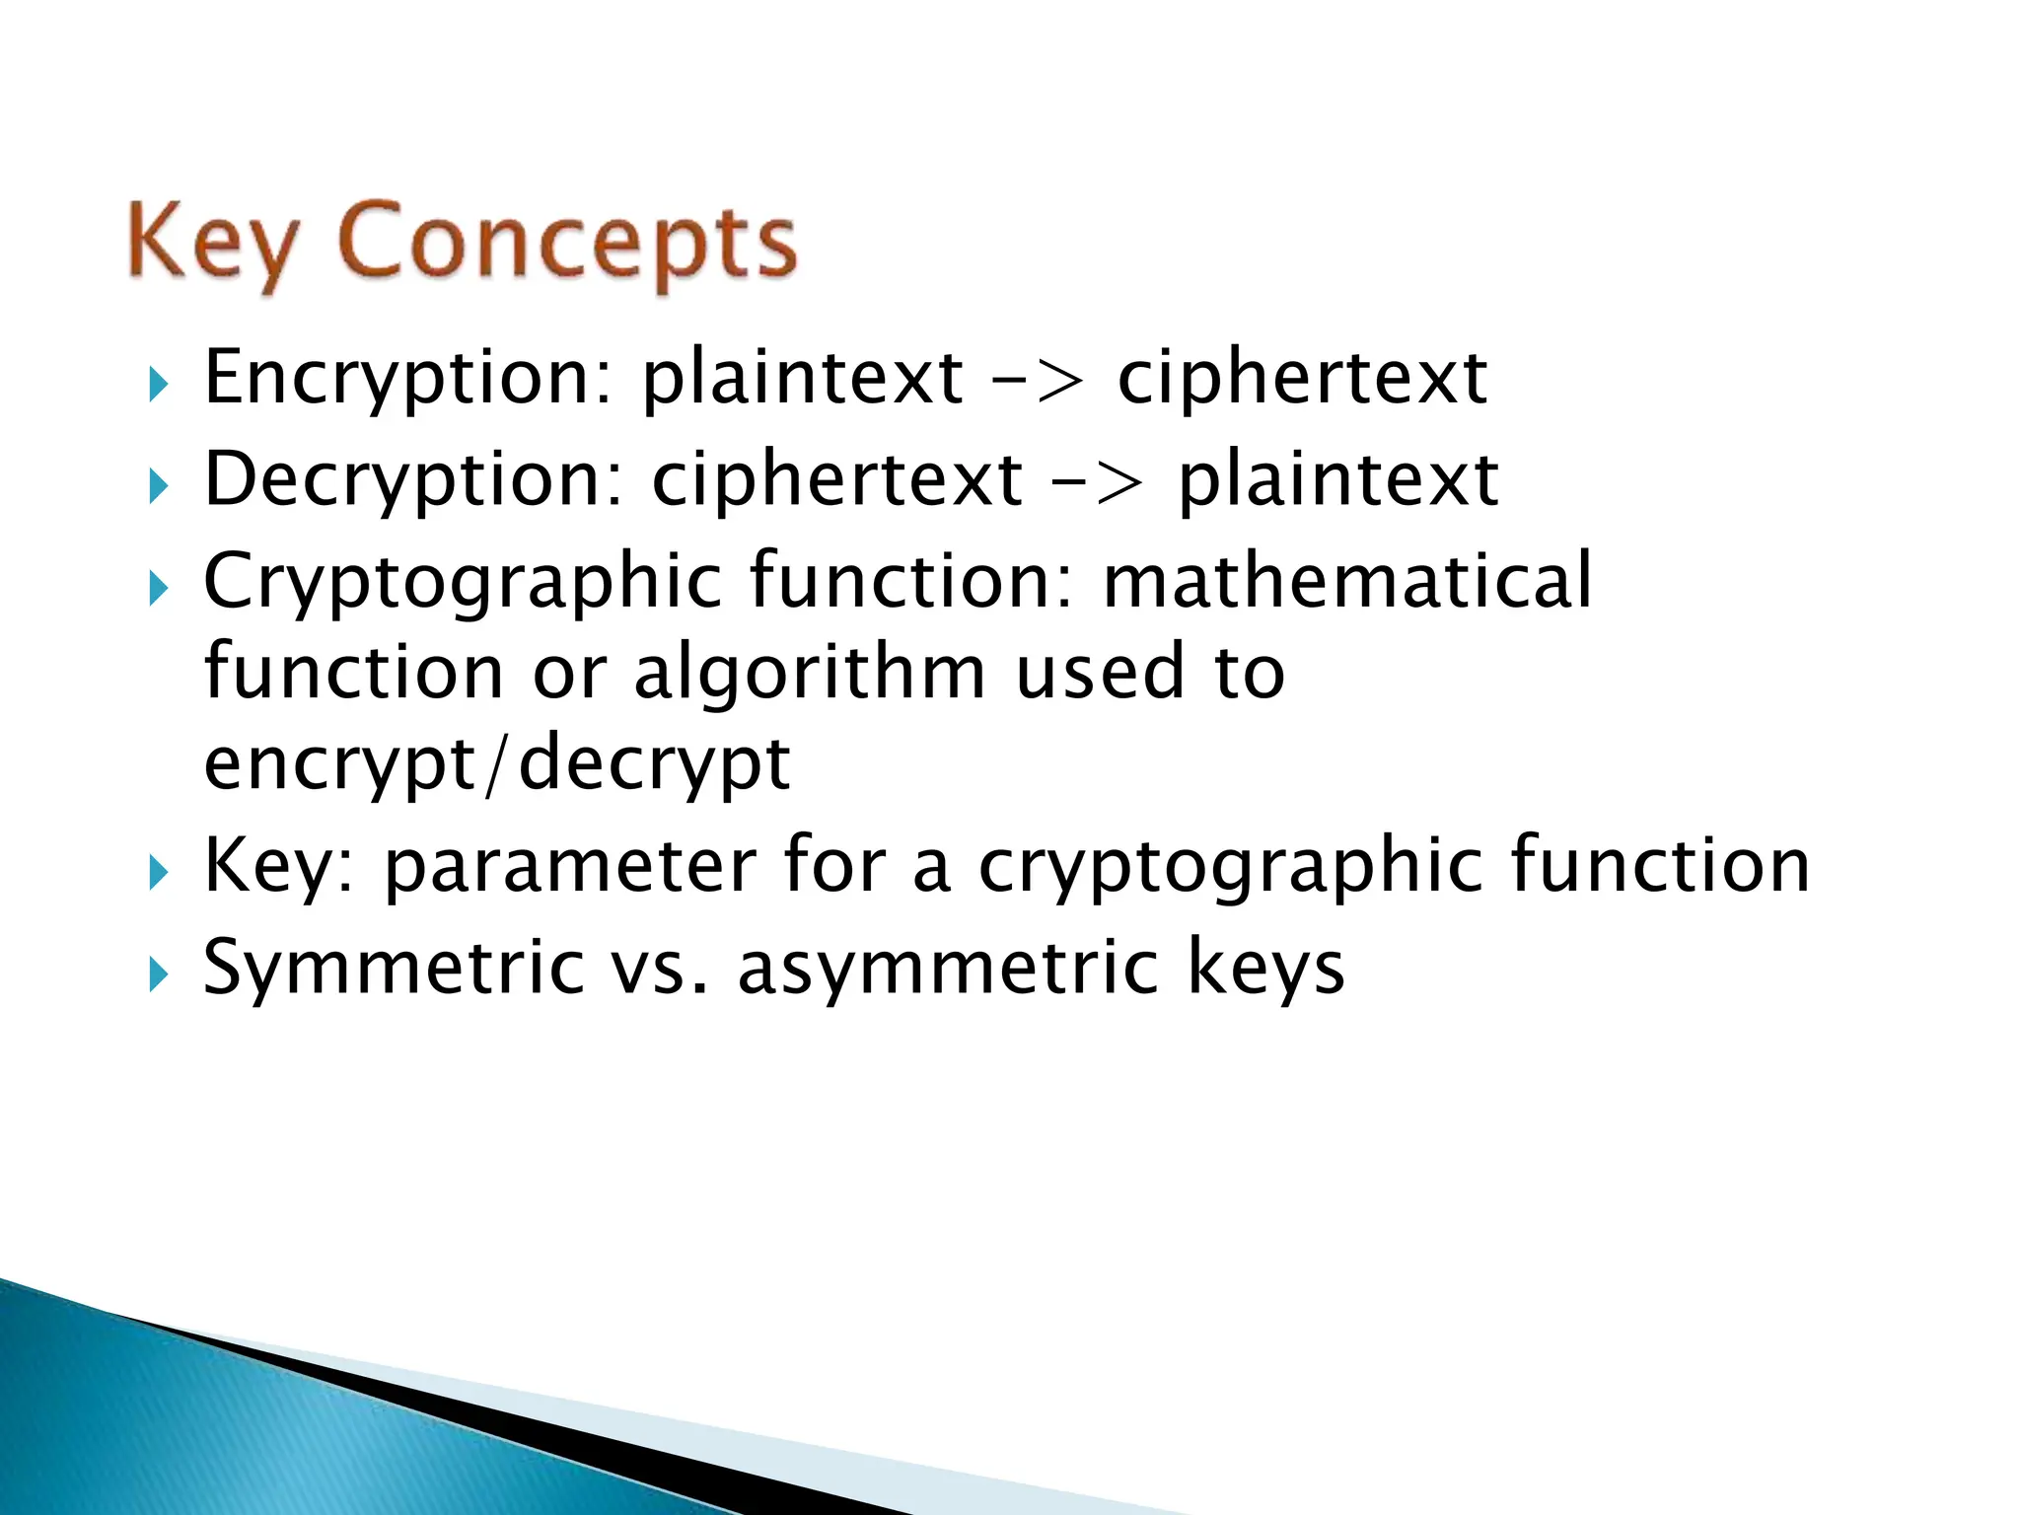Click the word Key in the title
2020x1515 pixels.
point(212,242)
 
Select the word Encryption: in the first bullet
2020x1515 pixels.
point(408,379)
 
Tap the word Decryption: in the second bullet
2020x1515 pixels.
point(414,480)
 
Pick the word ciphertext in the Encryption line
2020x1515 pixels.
point(1302,379)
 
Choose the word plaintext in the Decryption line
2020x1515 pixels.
point(1338,480)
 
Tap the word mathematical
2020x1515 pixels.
point(1346,581)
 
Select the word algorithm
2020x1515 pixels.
point(809,674)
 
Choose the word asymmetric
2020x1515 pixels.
point(948,969)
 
